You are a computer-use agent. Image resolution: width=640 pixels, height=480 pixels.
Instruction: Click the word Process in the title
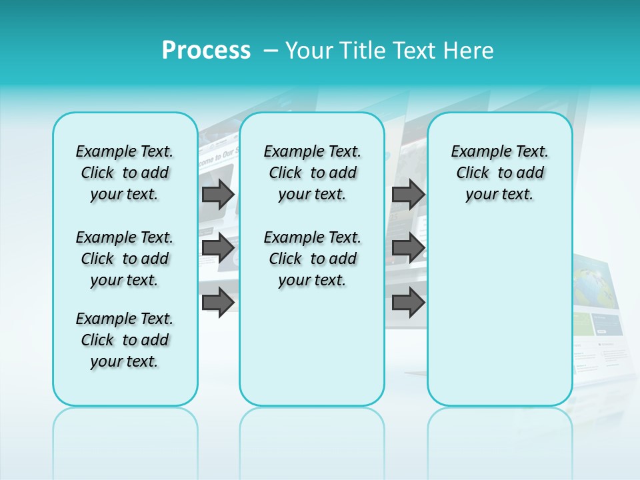click(x=206, y=51)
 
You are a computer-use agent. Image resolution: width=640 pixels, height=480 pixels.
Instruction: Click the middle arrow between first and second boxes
click(x=218, y=248)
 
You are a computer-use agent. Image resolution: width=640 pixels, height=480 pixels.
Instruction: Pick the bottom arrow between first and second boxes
click(x=218, y=302)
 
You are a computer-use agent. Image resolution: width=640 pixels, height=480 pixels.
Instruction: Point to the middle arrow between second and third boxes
click(x=408, y=248)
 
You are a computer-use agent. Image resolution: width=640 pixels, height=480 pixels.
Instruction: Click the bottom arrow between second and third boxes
click(x=408, y=302)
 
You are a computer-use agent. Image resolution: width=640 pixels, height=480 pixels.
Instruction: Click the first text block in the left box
click(x=125, y=173)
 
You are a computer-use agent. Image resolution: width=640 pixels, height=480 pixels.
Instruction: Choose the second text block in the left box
click(x=125, y=259)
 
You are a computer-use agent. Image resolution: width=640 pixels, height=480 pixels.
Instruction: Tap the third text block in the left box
click(x=125, y=340)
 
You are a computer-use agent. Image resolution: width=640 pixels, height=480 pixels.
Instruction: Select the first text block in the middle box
click(x=313, y=173)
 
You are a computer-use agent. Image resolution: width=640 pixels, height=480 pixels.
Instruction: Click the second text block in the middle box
click(x=313, y=259)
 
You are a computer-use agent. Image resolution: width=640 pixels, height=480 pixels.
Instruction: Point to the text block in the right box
click(x=500, y=173)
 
